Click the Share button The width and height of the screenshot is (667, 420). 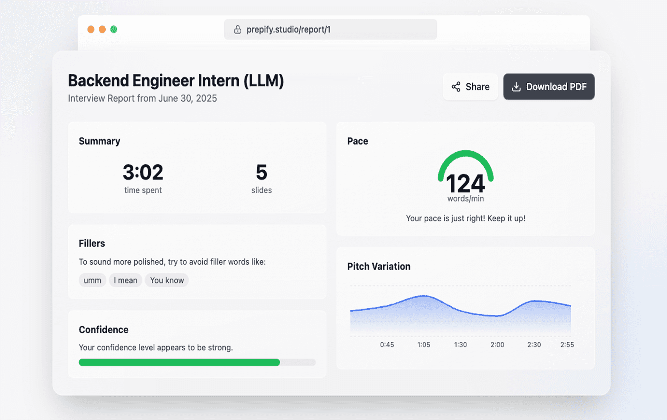(x=470, y=87)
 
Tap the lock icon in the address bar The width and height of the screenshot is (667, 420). (x=238, y=30)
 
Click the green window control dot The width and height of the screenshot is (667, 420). (x=114, y=30)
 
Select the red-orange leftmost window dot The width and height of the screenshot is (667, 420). (x=91, y=30)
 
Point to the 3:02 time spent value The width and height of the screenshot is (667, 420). (x=143, y=172)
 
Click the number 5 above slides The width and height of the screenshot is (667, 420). (x=262, y=172)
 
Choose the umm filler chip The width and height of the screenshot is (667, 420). (x=92, y=280)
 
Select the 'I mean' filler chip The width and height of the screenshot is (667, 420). (x=125, y=280)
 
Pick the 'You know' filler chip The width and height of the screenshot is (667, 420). (x=167, y=280)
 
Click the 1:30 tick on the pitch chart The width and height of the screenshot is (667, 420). (x=461, y=345)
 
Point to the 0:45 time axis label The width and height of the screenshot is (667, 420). (x=387, y=345)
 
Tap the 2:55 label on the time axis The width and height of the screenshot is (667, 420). (x=567, y=345)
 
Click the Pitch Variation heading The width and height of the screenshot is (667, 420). (x=379, y=266)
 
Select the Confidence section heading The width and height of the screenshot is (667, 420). (x=104, y=329)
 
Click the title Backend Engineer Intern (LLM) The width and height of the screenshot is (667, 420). (x=176, y=81)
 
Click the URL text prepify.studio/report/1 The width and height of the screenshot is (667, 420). (x=288, y=30)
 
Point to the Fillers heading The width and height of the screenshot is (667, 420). (x=92, y=243)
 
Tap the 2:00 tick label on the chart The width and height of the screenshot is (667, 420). (x=497, y=345)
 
